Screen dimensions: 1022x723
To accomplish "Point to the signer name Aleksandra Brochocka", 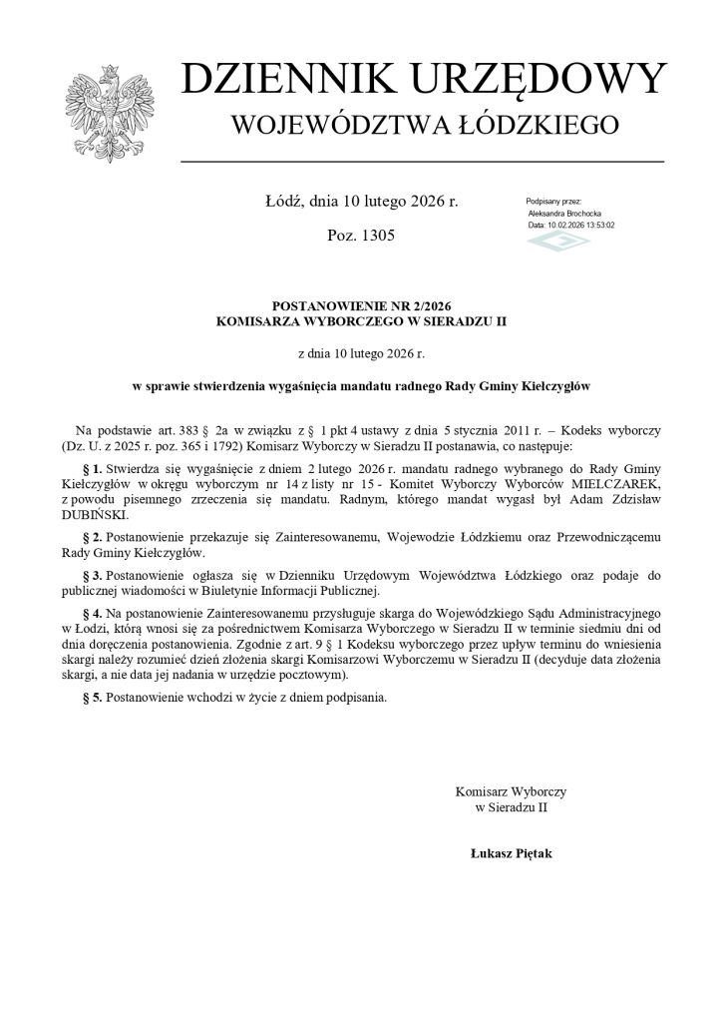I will tap(564, 214).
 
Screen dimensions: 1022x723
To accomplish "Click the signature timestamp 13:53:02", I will tap(595, 226).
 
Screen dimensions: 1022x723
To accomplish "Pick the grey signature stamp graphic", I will tap(558, 241).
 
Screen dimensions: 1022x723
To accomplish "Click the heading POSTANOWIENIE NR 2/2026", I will tap(361, 305).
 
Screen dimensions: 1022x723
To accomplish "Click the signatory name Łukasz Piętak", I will tap(511, 853).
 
